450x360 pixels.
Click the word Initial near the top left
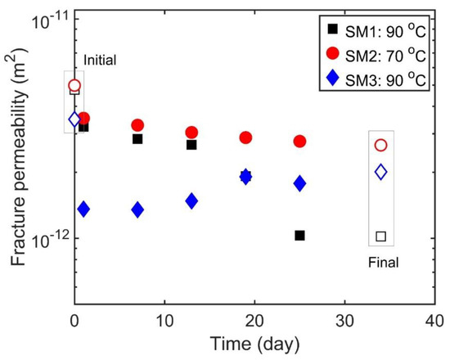click(x=101, y=60)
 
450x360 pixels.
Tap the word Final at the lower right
click(x=380, y=263)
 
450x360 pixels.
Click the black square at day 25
click(x=299, y=236)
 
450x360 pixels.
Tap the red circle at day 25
click(x=299, y=142)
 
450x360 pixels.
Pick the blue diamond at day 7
click(x=137, y=210)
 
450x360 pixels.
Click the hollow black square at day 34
click(x=380, y=236)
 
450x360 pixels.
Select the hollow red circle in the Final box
click(x=380, y=145)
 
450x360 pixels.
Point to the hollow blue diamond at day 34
click(x=380, y=172)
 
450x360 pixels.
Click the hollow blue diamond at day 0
click(x=74, y=119)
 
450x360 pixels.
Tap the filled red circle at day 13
click(x=191, y=133)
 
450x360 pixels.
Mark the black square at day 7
click(x=137, y=139)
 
